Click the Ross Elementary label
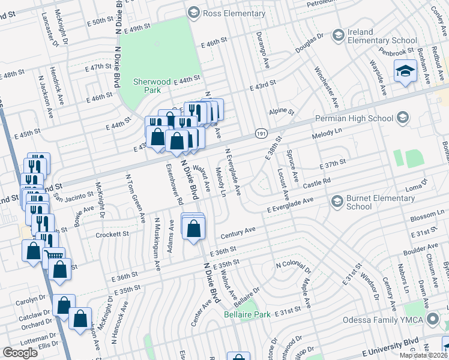[225, 12]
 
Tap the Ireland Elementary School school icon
[339, 36]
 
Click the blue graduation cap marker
[406, 72]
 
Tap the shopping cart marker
[53, 255]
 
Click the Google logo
[20, 352]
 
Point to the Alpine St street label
[282, 111]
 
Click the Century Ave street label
[238, 232]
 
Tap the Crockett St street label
[112, 235]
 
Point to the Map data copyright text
[423, 355]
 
